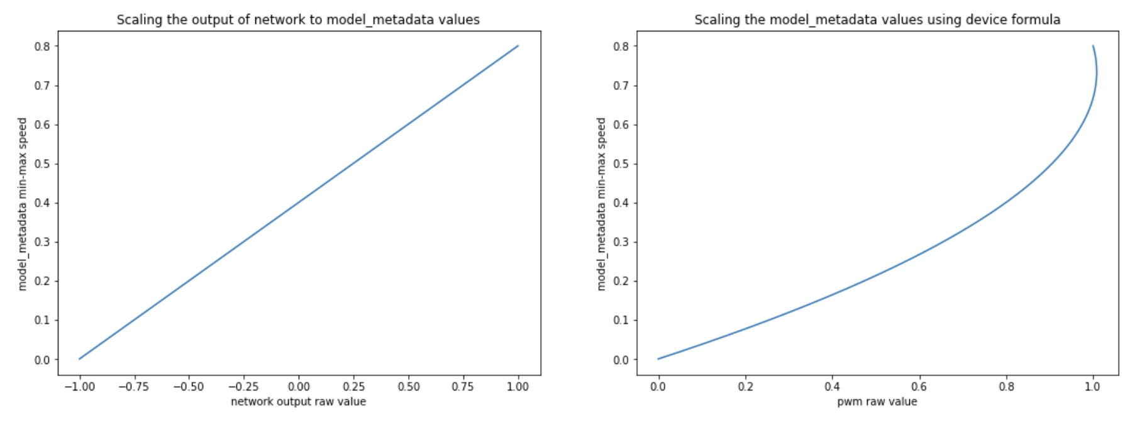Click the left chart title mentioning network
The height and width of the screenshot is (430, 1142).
298,19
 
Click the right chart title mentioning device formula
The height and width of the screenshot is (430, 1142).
877,19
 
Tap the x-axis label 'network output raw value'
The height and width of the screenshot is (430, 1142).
298,401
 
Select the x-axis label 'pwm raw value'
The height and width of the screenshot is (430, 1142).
877,401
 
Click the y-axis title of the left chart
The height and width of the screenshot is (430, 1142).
23,204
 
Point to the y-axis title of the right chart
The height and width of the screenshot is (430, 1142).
601,204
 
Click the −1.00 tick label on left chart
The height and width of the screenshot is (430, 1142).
79,386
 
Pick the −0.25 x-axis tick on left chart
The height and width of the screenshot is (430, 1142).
243,386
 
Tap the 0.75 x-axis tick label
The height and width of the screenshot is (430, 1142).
463,386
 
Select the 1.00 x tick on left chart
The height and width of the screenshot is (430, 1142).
518,386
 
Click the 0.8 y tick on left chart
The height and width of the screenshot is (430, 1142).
42,46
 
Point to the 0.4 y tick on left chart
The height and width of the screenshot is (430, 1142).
42,202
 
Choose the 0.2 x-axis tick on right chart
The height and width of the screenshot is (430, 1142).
745,386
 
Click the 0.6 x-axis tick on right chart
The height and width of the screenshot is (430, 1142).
919,386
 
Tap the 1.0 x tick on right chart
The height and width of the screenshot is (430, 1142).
1092,386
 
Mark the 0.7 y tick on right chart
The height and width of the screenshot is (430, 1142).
621,85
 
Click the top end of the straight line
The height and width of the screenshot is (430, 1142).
518,45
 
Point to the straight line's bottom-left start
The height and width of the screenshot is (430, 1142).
79,359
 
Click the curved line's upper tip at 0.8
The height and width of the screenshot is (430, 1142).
1093,46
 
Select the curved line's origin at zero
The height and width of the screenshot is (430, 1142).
658,359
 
